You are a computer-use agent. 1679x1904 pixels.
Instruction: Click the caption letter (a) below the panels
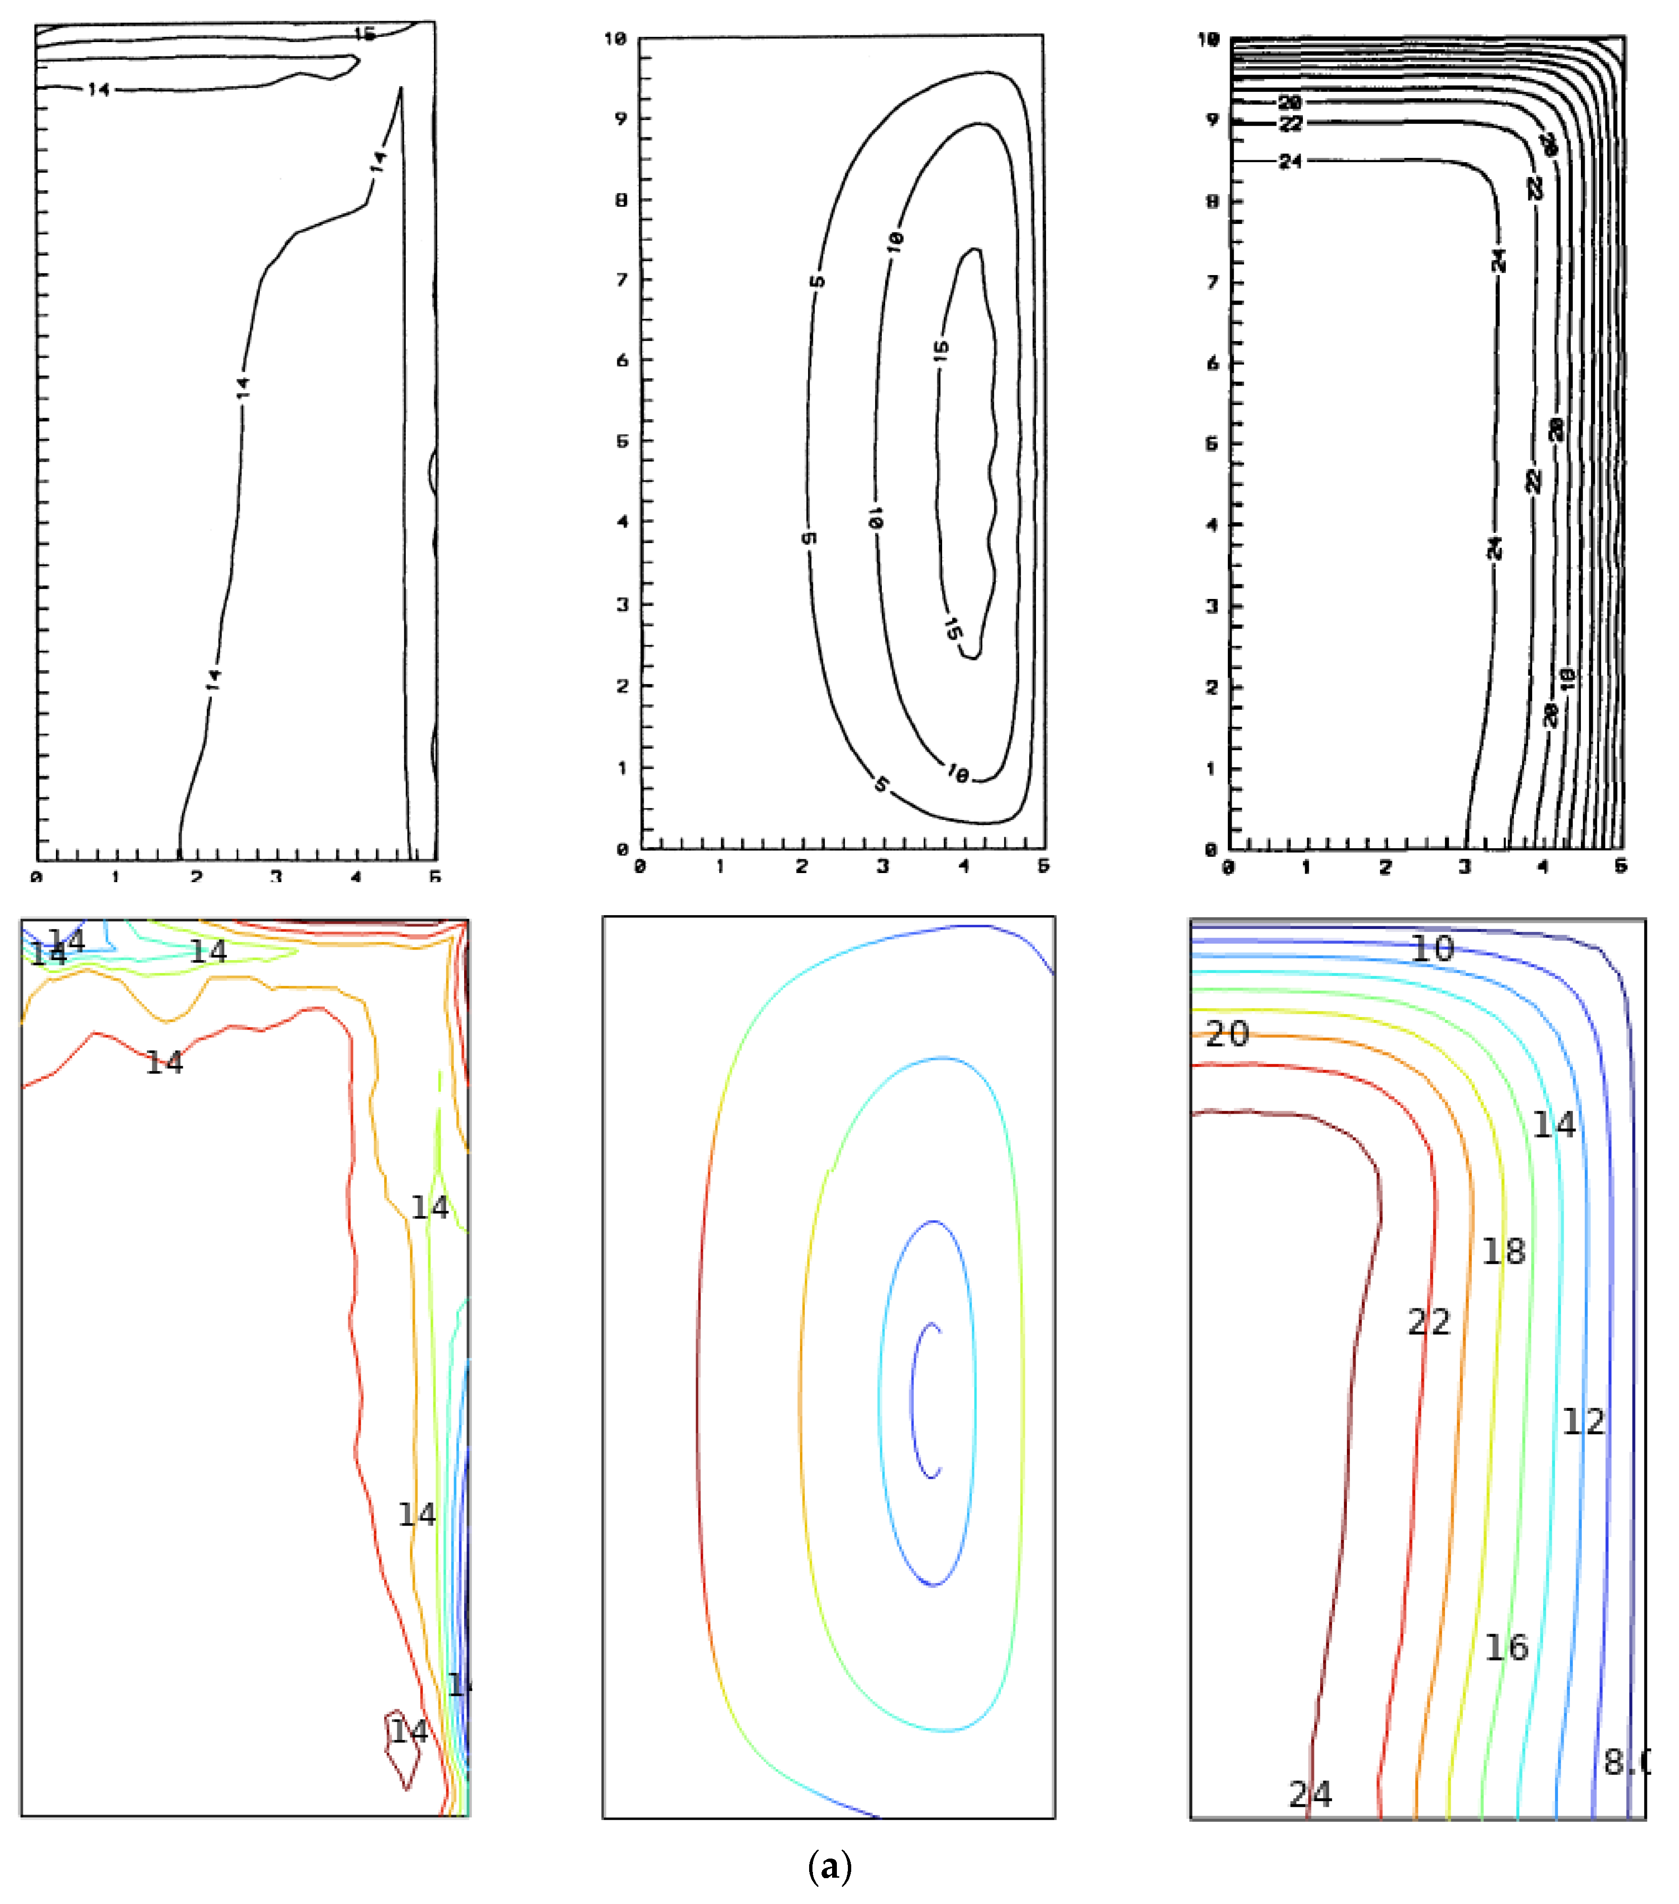pyautogui.click(x=829, y=1866)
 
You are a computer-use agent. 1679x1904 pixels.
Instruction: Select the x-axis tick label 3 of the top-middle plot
pyautogui.click(x=881, y=866)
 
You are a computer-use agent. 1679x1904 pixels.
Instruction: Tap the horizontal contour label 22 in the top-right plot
pyautogui.click(x=1290, y=124)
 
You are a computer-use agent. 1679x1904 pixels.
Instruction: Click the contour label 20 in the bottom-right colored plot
pyautogui.click(x=1226, y=1034)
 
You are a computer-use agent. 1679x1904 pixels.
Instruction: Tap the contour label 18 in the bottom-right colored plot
pyautogui.click(x=1504, y=1251)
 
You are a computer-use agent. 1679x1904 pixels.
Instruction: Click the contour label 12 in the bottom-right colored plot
pyautogui.click(x=1583, y=1421)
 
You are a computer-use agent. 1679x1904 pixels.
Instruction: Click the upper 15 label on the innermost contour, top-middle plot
pyautogui.click(x=941, y=349)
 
